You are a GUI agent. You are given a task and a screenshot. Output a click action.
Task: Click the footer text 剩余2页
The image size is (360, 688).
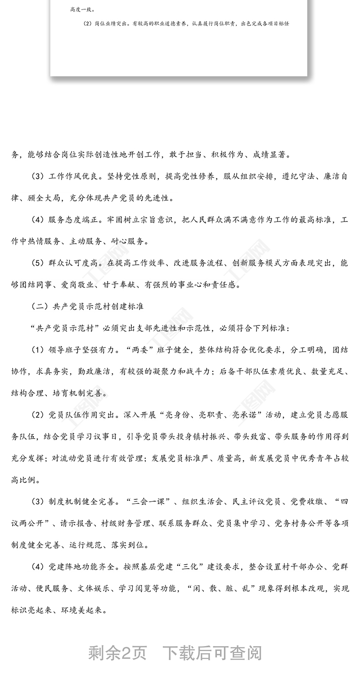pos(117,652)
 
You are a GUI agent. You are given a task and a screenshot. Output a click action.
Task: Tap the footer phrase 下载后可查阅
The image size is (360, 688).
pos(212,652)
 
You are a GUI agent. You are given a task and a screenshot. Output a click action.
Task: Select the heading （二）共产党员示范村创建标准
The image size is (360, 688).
pos(87,306)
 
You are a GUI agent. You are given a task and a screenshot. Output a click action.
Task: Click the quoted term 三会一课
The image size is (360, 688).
pos(150,502)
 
